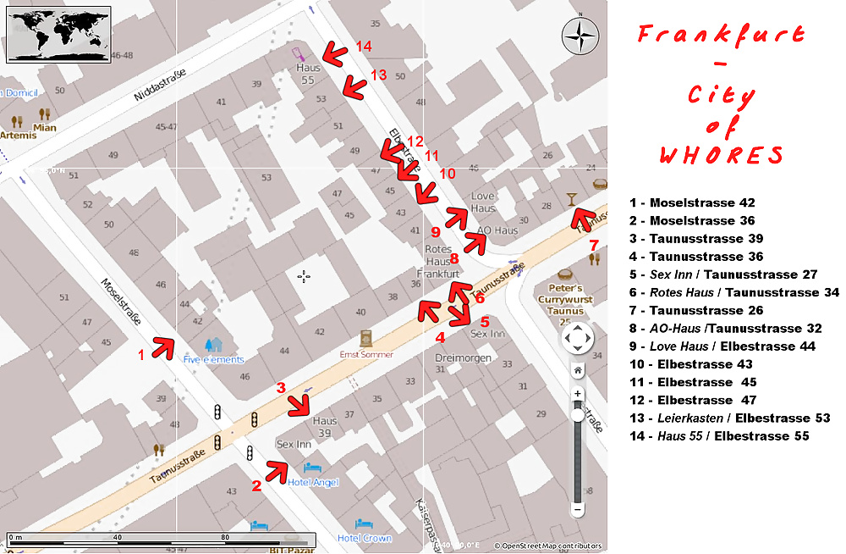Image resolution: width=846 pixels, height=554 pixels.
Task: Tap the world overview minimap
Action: tap(58, 34)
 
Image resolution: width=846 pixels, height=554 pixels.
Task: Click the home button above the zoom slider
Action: tap(578, 370)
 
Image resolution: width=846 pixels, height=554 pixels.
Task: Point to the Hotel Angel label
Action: tap(313, 482)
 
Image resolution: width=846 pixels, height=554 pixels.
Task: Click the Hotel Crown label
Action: tap(365, 538)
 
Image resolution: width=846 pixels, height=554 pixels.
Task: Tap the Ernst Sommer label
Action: tap(366, 354)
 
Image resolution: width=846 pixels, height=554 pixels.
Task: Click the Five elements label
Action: tap(213, 358)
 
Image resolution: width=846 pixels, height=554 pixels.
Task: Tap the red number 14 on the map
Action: tap(364, 46)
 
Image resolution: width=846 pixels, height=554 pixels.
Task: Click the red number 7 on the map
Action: tap(594, 246)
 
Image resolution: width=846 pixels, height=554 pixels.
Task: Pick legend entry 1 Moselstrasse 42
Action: tap(692, 202)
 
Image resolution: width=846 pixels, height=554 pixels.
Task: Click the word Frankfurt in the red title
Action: tap(720, 36)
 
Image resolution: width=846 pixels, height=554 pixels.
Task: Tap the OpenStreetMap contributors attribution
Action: tap(548, 546)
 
